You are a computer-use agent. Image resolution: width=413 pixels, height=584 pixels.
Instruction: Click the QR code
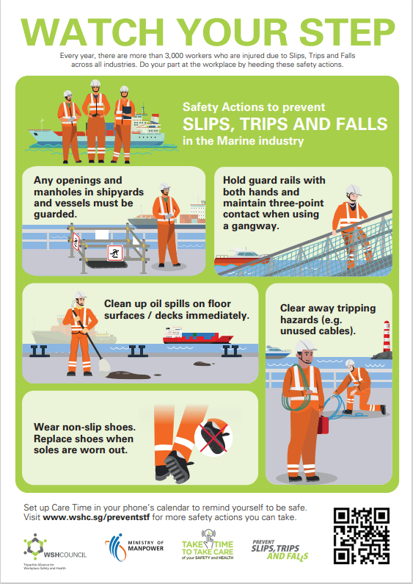tap(361, 536)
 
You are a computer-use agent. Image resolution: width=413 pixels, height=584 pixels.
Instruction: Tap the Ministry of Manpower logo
tap(134, 547)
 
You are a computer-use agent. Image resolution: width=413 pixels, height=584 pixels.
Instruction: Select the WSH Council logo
tap(55, 551)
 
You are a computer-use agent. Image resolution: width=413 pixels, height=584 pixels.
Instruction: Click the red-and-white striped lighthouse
tap(387, 336)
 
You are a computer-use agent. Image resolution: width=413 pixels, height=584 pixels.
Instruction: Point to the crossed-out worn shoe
tap(213, 436)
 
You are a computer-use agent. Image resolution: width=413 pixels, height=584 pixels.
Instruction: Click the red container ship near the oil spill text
tap(197, 335)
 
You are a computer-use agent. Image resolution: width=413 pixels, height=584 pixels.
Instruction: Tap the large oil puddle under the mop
tap(128, 375)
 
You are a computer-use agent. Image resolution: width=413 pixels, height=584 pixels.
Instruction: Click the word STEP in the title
tap(347, 32)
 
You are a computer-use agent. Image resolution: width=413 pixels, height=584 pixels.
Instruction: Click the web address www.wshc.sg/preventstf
tap(96, 517)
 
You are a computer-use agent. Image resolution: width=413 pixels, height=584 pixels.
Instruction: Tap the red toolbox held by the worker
tap(323, 425)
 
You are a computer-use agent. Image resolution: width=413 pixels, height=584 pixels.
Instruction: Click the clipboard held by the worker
tap(127, 112)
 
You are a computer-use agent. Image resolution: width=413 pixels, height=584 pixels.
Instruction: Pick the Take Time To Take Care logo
tap(208, 545)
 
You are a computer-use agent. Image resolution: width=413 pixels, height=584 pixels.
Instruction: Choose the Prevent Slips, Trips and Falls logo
tap(279, 549)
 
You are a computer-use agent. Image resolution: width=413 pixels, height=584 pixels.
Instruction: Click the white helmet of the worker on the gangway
tap(353, 190)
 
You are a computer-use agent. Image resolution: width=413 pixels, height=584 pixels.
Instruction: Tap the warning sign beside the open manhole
tap(115, 253)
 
